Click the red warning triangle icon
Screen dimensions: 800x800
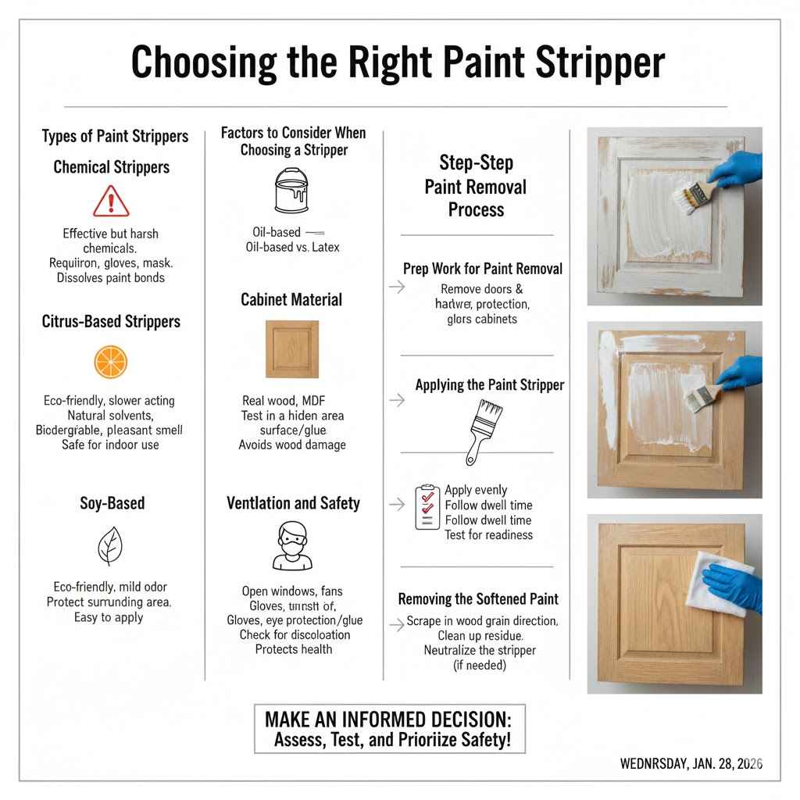point(111,202)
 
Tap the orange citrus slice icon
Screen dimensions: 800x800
point(111,362)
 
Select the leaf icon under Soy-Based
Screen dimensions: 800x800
point(110,546)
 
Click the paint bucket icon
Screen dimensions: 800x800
point(292,191)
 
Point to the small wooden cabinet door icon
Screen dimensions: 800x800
point(292,349)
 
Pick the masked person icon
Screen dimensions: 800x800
point(292,546)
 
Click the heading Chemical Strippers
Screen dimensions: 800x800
point(111,167)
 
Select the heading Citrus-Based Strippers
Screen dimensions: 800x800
point(111,321)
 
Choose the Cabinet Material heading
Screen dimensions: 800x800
point(292,299)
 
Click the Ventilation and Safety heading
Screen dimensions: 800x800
point(293,503)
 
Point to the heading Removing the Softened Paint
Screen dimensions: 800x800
point(478,599)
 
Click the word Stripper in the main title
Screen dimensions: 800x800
point(602,62)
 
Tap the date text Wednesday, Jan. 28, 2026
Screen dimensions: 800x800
point(691,763)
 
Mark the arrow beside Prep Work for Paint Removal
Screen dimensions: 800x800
point(397,287)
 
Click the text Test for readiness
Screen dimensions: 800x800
point(488,535)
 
